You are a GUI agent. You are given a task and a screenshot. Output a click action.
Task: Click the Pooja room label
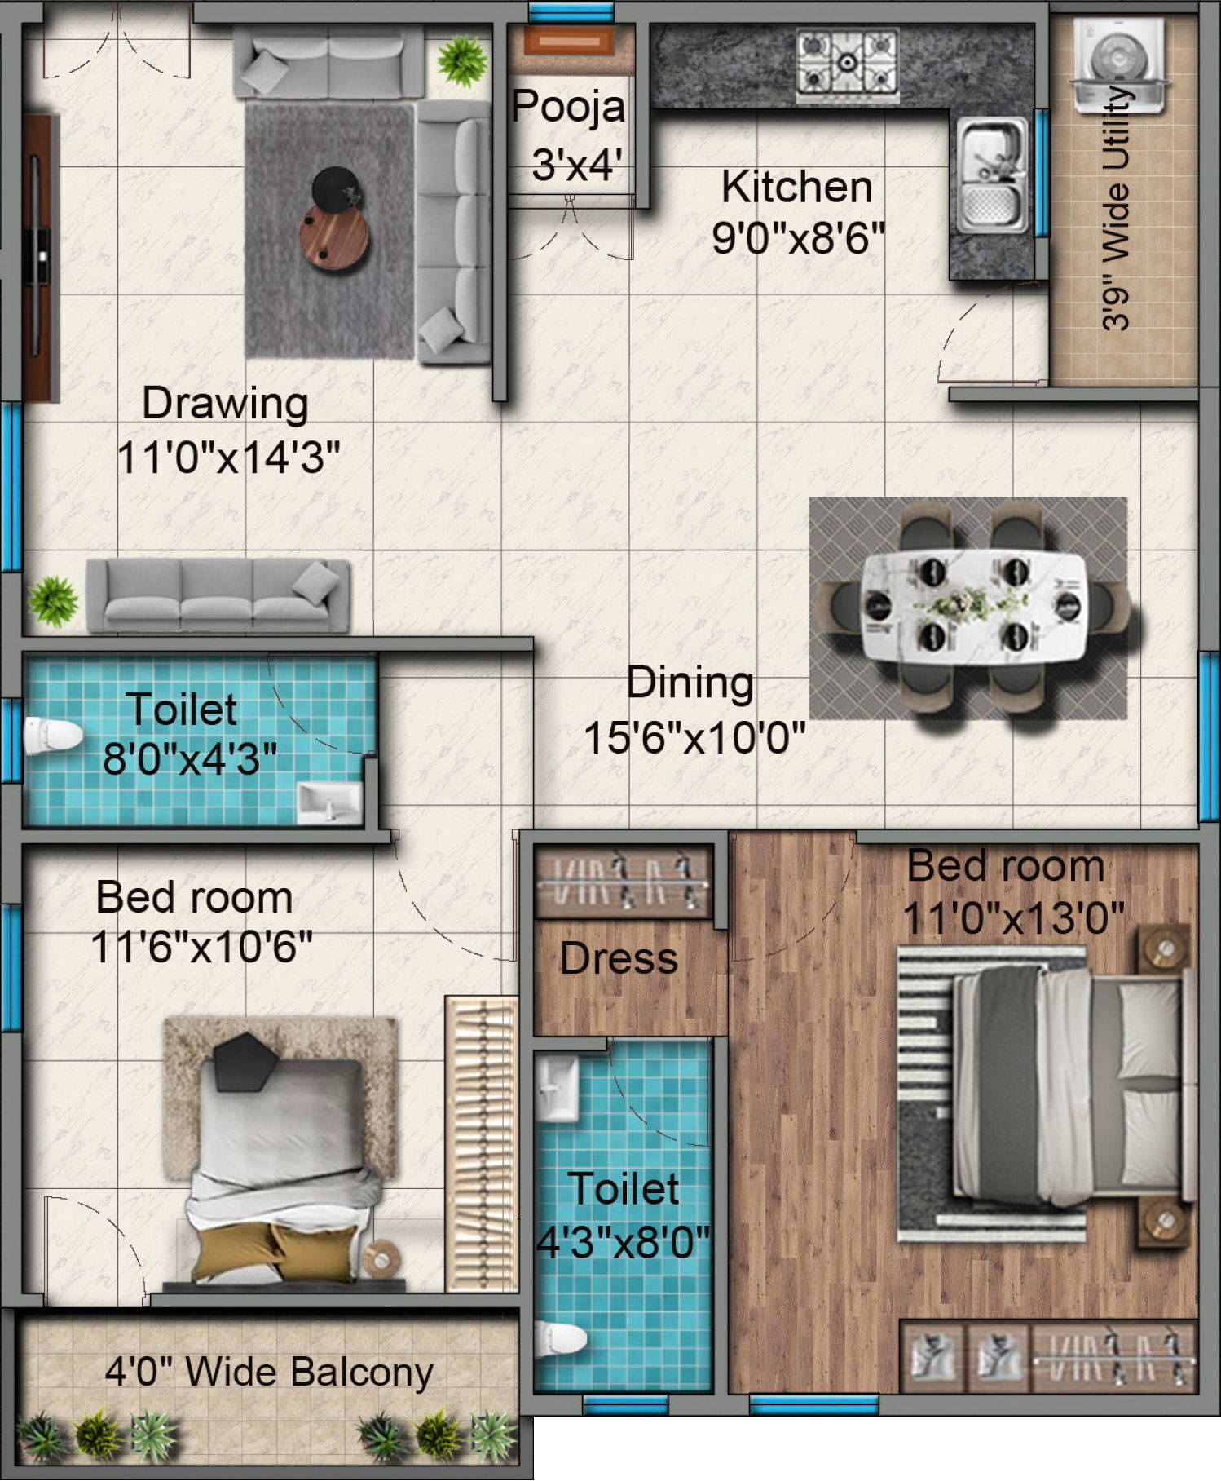click(568, 107)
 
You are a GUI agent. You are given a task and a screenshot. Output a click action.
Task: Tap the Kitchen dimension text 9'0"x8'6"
click(798, 238)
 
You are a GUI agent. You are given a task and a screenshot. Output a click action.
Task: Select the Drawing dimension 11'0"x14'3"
click(228, 457)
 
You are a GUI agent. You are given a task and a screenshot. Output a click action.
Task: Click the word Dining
click(690, 683)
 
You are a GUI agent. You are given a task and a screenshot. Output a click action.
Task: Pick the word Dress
click(619, 958)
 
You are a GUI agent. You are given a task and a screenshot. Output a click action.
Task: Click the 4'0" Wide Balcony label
click(269, 1372)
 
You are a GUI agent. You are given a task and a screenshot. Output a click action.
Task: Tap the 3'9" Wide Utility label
click(1117, 208)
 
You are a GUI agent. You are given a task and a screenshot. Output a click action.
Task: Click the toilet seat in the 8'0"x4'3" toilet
click(52, 736)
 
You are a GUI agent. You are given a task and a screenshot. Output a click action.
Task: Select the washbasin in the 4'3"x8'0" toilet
click(558, 1089)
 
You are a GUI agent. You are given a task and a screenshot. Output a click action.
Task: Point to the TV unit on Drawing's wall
click(41, 258)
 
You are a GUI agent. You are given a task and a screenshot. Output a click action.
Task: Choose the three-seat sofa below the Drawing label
click(218, 595)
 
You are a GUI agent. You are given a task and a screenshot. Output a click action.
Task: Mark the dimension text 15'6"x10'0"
click(694, 738)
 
